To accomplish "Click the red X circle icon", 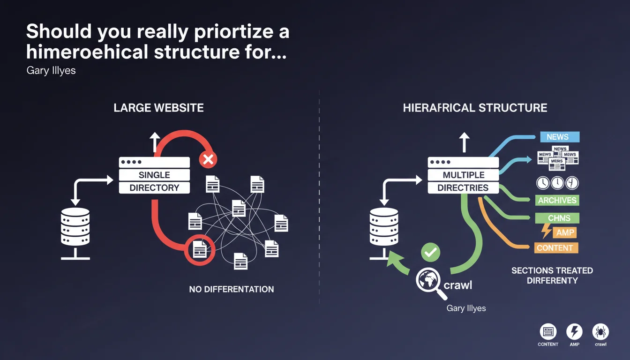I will tap(207, 160).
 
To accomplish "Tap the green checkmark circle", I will tap(430, 252).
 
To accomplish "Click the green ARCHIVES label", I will tap(557, 200).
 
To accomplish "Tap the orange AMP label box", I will tap(565, 232).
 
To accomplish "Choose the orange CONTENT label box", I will tap(555, 247).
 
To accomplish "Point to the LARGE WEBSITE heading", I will tap(158, 108).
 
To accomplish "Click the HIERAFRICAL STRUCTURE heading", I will tap(475, 108).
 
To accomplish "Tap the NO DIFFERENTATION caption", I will tap(232, 289).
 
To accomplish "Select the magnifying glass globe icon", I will tap(430, 281).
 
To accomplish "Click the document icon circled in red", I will tap(199, 248).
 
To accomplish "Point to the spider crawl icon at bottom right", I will tap(600, 332).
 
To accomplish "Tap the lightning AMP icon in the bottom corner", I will tap(574, 332).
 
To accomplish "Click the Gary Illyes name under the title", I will tap(51, 72).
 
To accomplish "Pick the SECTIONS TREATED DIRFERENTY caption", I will tap(552, 276).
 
